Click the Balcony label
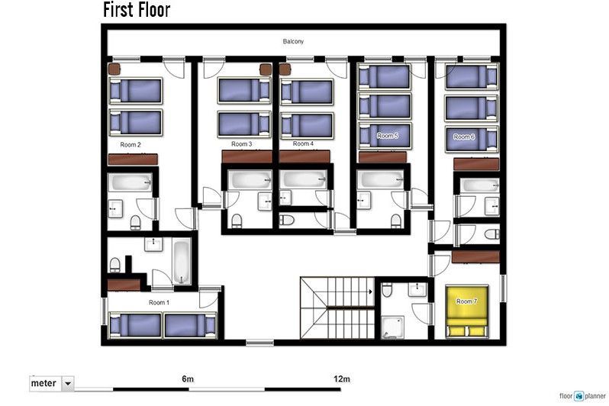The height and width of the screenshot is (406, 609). coord(293,41)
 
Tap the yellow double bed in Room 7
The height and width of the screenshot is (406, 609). coord(466,311)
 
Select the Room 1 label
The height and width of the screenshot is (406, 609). coord(159,302)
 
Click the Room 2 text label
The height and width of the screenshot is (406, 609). coord(130,144)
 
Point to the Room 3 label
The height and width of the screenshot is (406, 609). coord(242,143)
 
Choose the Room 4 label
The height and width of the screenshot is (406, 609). coord(303,143)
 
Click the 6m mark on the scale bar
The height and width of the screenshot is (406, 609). coord(188,379)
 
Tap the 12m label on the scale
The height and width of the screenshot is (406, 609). coord(341,379)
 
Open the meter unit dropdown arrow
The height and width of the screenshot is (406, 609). coord(68,383)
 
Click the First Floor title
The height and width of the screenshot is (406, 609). coord(137,10)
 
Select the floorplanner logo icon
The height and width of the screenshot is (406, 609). coord(579,396)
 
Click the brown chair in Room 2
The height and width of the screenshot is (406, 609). coord(114,69)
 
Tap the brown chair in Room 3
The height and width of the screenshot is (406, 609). coord(266,69)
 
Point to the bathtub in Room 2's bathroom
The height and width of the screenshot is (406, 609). coord(130,182)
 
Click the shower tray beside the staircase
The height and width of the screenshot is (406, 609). coord(393,327)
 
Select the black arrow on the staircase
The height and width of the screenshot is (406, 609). coord(371,292)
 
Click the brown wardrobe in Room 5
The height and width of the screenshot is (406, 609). coord(382,157)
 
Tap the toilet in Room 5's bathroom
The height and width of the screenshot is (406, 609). coord(396,221)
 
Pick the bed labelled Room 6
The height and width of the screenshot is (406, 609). coord(472,139)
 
